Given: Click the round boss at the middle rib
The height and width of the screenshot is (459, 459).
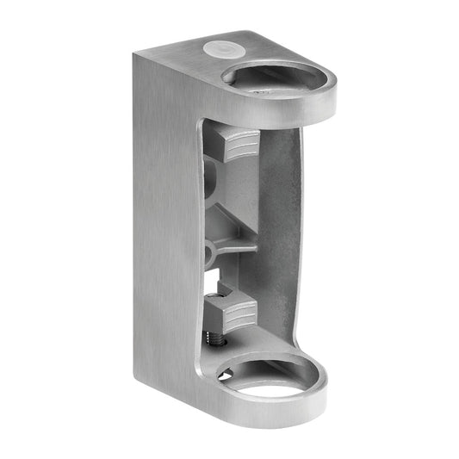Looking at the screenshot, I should coord(209,251).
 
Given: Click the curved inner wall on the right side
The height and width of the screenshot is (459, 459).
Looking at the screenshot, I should coord(284,224).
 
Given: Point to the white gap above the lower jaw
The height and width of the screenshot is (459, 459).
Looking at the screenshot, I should coord(215,280).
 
